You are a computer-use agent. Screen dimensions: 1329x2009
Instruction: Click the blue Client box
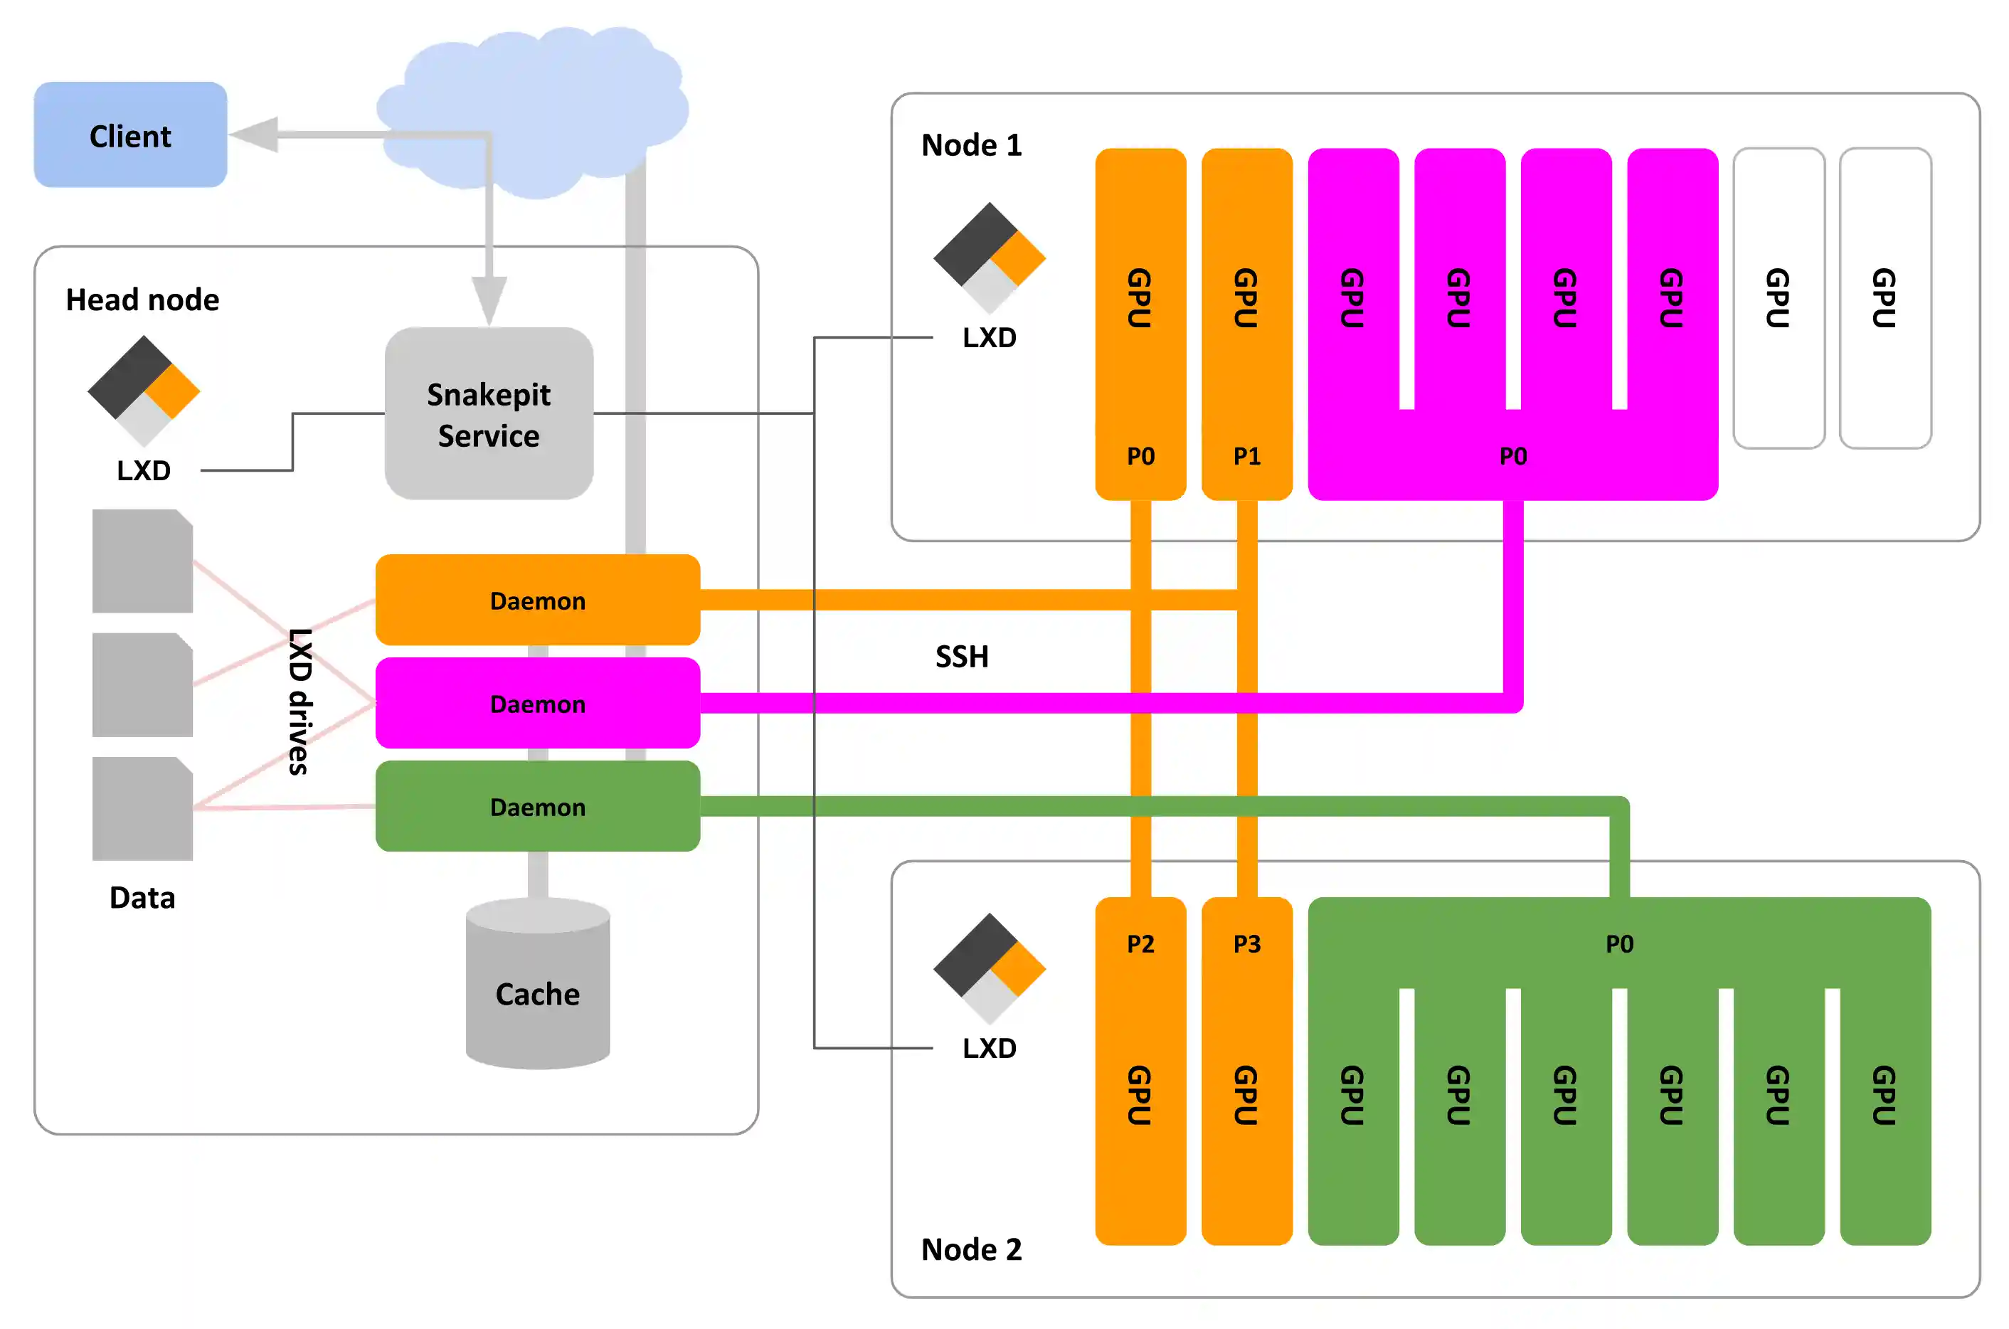(129, 134)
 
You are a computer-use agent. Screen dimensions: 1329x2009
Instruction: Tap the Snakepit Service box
(488, 413)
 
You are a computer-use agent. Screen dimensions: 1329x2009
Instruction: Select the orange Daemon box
(537, 600)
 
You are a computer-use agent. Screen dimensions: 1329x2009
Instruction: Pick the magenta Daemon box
(537, 704)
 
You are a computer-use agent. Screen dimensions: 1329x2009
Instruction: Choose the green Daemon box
(537, 806)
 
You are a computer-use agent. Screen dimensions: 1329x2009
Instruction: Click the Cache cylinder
(537, 992)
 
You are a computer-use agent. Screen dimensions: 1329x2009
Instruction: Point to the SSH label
(961, 656)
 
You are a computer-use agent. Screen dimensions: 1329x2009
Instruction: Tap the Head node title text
(142, 300)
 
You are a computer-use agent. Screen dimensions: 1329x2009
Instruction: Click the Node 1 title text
(971, 145)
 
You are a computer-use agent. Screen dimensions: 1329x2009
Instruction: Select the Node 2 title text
(971, 1249)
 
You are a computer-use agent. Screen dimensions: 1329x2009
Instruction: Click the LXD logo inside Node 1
(989, 258)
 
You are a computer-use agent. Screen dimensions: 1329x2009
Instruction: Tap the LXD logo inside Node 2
(989, 968)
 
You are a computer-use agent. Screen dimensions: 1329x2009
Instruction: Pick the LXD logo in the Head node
(143, 391)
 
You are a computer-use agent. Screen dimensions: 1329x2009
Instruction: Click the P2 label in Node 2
(1140, 943)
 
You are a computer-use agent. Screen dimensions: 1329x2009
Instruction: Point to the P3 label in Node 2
(1246, 943)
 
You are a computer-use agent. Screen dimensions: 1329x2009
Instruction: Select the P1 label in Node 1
(1246, 456)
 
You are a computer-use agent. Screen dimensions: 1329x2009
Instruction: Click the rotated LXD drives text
(299, 701)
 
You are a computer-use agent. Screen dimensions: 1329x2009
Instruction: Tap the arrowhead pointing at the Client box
(254, 134)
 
